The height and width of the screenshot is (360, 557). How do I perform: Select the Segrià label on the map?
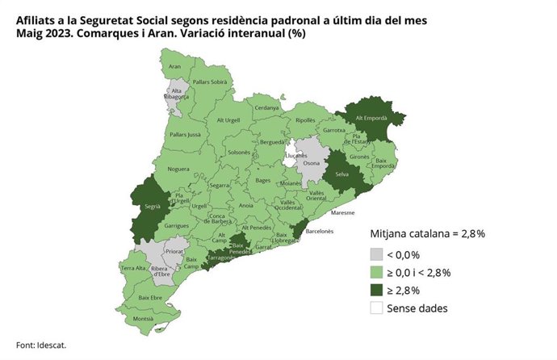click(x=152, y=207)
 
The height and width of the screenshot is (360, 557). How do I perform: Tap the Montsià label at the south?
click(x=143, y=319)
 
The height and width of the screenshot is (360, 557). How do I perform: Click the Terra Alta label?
click(x=133, y=267)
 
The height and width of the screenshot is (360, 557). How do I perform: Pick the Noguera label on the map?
click(x=178, y=170)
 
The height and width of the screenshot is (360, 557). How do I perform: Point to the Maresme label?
click(x=343, y=214)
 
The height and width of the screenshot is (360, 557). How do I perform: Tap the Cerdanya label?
click(x=266, y=107)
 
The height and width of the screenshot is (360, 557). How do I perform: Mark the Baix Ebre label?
click(x=151, y=298)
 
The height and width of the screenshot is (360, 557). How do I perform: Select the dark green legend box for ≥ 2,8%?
click(x=376, y=291)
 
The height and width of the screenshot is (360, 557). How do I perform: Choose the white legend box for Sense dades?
click(x=376, y=308)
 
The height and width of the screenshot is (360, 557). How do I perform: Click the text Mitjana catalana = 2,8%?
click(x=427, y=234)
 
